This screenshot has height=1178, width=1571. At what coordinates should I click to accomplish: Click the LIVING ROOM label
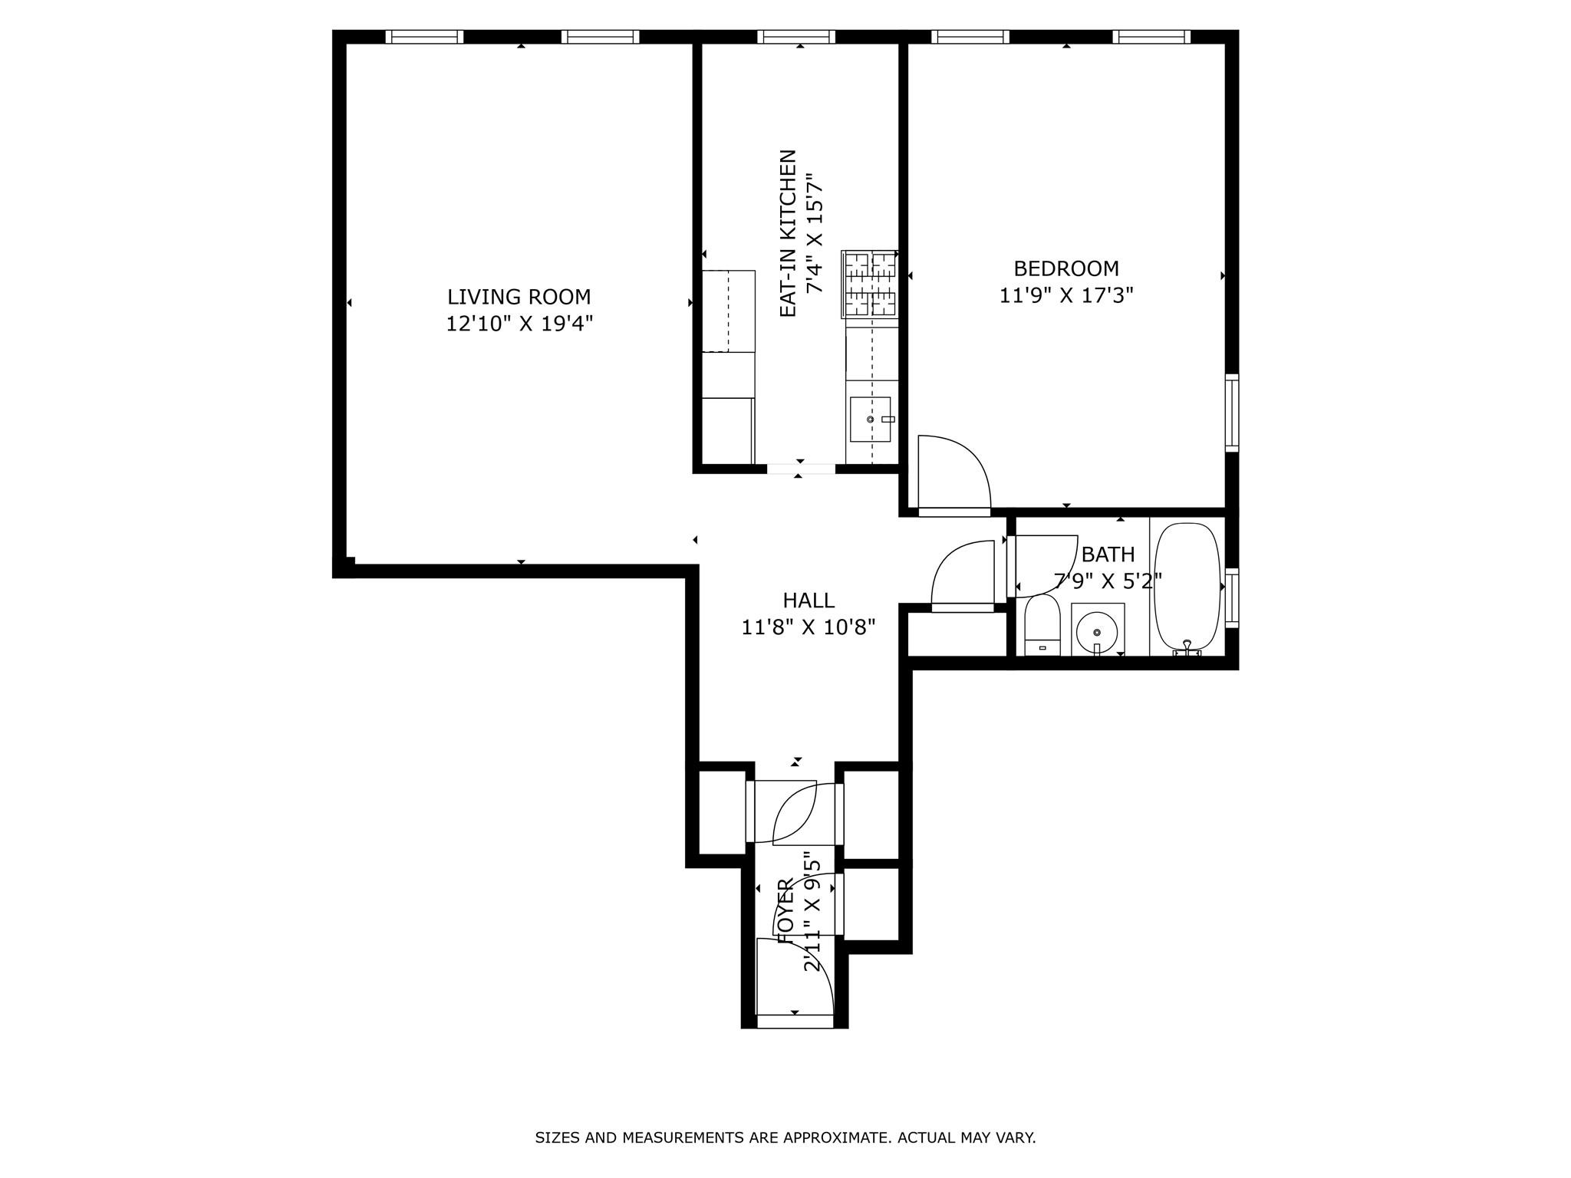(519, 297)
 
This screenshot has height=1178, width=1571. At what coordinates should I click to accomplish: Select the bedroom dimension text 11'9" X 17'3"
(1065, 295)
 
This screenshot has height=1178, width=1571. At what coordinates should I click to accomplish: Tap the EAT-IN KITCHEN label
(788, 232)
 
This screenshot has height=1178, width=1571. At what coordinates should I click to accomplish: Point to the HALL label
(808, 601)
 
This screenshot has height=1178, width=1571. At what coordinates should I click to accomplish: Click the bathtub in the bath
(1187, 587)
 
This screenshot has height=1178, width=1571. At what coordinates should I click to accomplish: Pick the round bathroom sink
(1097, 632)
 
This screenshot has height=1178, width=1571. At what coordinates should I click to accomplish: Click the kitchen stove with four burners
(870, 284)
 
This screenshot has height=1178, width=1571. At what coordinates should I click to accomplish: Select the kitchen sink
(870, 420)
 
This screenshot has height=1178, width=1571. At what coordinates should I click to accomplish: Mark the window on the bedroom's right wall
(1231, 412)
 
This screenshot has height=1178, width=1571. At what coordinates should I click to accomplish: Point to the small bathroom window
(1231, 597)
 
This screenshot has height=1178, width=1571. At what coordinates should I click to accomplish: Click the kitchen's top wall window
(796, 37)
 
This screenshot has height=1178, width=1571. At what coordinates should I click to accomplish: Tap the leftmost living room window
(424, 37)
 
